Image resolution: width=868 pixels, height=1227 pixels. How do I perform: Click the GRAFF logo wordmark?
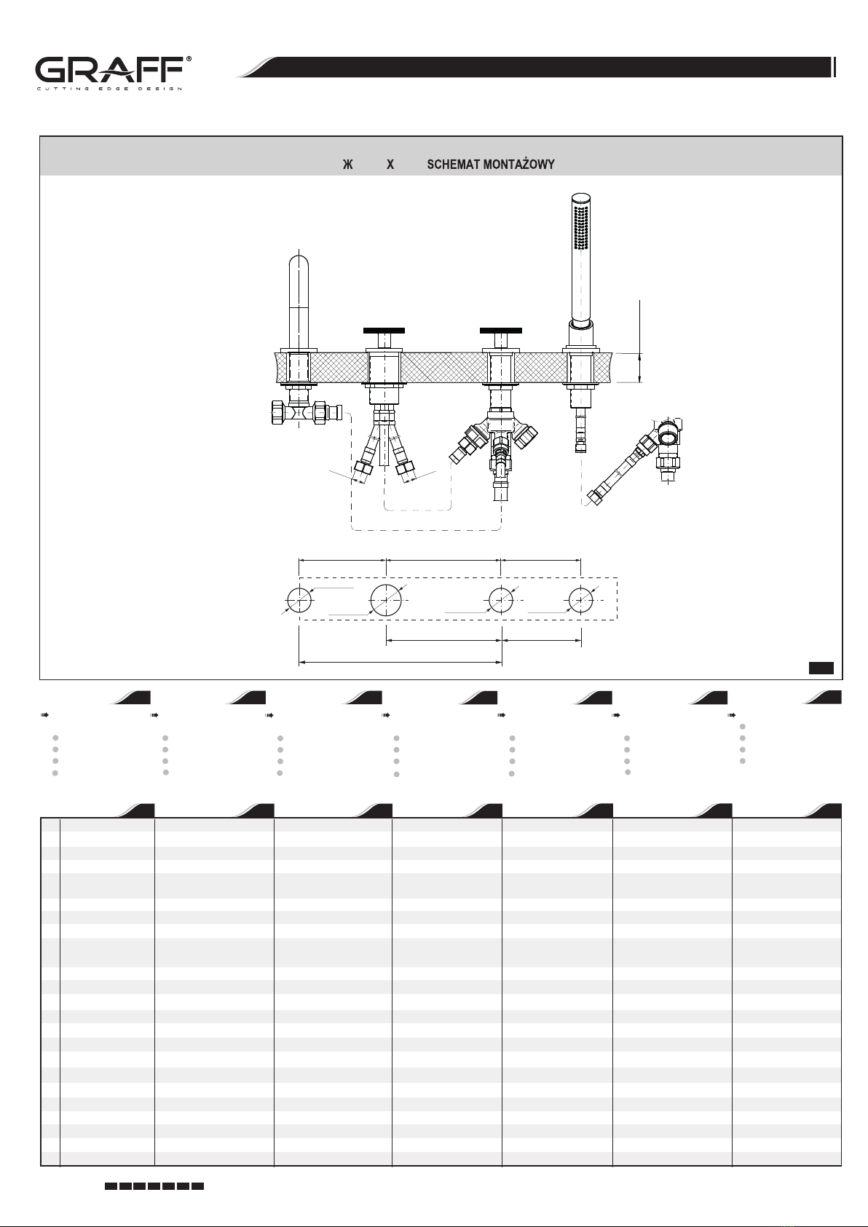109,70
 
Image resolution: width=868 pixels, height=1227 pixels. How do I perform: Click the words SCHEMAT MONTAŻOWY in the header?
491,165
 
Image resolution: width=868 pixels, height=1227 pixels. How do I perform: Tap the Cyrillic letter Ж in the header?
348,165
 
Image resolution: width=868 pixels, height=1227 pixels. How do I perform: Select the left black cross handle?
384,331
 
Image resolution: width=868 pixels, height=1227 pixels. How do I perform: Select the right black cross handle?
500,331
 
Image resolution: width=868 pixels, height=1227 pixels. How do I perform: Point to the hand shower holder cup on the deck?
581,334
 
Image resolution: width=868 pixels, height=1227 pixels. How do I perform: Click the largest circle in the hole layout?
386,600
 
